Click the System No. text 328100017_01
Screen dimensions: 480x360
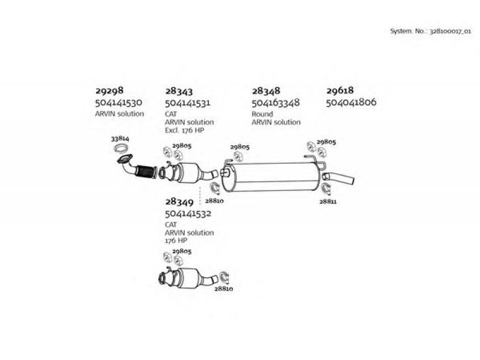point(451,31)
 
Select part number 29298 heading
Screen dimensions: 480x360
point(109,91)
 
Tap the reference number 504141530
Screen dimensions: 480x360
point(119,102)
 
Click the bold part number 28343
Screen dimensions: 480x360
point(179,91)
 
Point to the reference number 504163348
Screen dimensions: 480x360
point(275,103)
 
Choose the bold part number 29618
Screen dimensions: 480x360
point(340,91)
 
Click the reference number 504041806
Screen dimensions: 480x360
point(351,102)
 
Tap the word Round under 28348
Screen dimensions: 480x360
point(262,114)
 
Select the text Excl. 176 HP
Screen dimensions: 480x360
point(185,130)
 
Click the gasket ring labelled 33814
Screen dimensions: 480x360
point(121,148)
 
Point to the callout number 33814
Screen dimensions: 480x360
point(120,139)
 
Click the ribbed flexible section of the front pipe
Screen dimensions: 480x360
point(146,172)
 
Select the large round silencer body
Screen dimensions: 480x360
point(272,177)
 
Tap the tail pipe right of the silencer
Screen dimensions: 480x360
point(338,178)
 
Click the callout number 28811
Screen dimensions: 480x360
point(328,202)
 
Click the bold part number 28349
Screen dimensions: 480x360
point(179,202)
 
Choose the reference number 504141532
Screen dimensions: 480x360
point(188,214)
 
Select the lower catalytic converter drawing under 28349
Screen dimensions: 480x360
point(188,278)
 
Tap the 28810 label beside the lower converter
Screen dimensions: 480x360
point(223,289)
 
